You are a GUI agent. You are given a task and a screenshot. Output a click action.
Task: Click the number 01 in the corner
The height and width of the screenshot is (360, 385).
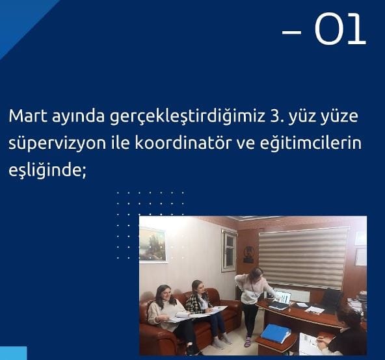point(340,29)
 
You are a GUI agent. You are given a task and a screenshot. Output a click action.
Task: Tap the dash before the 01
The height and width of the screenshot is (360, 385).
point(291,32)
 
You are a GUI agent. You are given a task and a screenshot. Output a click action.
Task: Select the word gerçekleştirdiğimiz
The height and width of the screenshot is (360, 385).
point(186,117)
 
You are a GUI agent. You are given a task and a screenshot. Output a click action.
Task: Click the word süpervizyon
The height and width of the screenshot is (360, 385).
point(57,144)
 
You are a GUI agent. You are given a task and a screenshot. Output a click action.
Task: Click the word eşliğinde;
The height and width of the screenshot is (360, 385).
point(47,170)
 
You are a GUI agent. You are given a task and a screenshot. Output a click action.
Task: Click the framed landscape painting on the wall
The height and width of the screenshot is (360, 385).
point(152,244)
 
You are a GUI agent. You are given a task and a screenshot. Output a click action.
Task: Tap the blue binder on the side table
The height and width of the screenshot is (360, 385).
point(276,333)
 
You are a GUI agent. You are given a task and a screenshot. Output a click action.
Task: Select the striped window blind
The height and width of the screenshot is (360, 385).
point(303,258)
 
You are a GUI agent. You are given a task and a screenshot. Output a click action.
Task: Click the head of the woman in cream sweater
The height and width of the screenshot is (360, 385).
point(163,294)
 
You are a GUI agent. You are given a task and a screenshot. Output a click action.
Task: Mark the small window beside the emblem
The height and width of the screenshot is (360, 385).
point(230,251)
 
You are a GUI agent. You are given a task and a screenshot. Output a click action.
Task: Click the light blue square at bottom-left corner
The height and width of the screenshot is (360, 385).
point(13,353)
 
